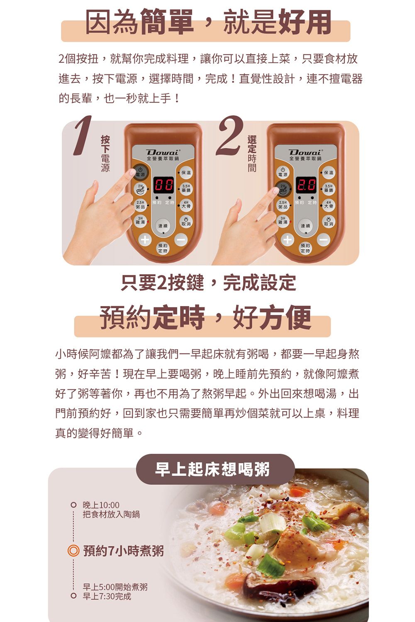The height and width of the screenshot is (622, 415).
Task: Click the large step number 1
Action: [x=83, y=135]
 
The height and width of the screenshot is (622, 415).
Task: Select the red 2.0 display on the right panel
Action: [x=306, y=184]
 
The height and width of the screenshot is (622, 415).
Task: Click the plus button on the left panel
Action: [x=144, y=240]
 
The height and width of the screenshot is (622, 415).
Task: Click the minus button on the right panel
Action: [x=324, y=240]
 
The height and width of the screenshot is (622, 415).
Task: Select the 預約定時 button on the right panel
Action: [x=305, y=248]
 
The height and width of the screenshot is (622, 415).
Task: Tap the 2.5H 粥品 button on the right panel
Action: [x=282, y=204]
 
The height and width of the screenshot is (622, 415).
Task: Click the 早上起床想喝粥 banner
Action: [x=212, y=469]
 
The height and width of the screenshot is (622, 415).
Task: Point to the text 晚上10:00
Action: [x=101, y=505]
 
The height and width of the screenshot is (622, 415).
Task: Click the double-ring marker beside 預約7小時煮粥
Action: [x=73, y=551]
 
